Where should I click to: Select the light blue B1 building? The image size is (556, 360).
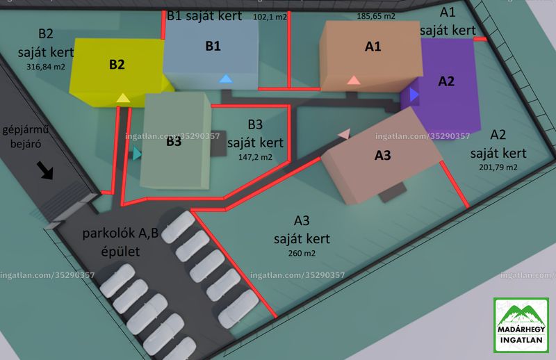(x=211, y=54)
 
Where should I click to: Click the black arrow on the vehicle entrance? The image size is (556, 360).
(x=45, y=170)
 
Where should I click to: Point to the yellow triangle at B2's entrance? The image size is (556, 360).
(x=123, y=98)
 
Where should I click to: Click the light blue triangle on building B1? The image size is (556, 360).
(x=225, y=79)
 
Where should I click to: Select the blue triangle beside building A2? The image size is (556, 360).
(x=414, y=95)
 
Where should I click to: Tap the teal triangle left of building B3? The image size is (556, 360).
(x=137, y=154)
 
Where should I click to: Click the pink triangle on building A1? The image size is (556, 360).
(x=354, y=80)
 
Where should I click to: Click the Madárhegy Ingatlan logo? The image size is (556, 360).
(x=521, y=325)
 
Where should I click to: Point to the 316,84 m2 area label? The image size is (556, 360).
(x=46, y=67)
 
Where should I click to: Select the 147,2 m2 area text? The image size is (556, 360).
(x=255, y=157)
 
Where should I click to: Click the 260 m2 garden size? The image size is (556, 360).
(x=302, y=253)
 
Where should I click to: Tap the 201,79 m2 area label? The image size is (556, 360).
(x=498, y=167)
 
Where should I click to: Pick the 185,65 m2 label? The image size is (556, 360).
(x=376, y=16)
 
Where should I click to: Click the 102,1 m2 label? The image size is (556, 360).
(x=270, y=17)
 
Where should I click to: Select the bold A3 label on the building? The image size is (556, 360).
(x=383, y=156)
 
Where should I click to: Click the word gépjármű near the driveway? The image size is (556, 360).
(x=26, y=130)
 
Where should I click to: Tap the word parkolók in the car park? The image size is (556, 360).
(x=110, y=234)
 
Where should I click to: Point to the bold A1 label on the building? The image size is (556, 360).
(x=373, y=47)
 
